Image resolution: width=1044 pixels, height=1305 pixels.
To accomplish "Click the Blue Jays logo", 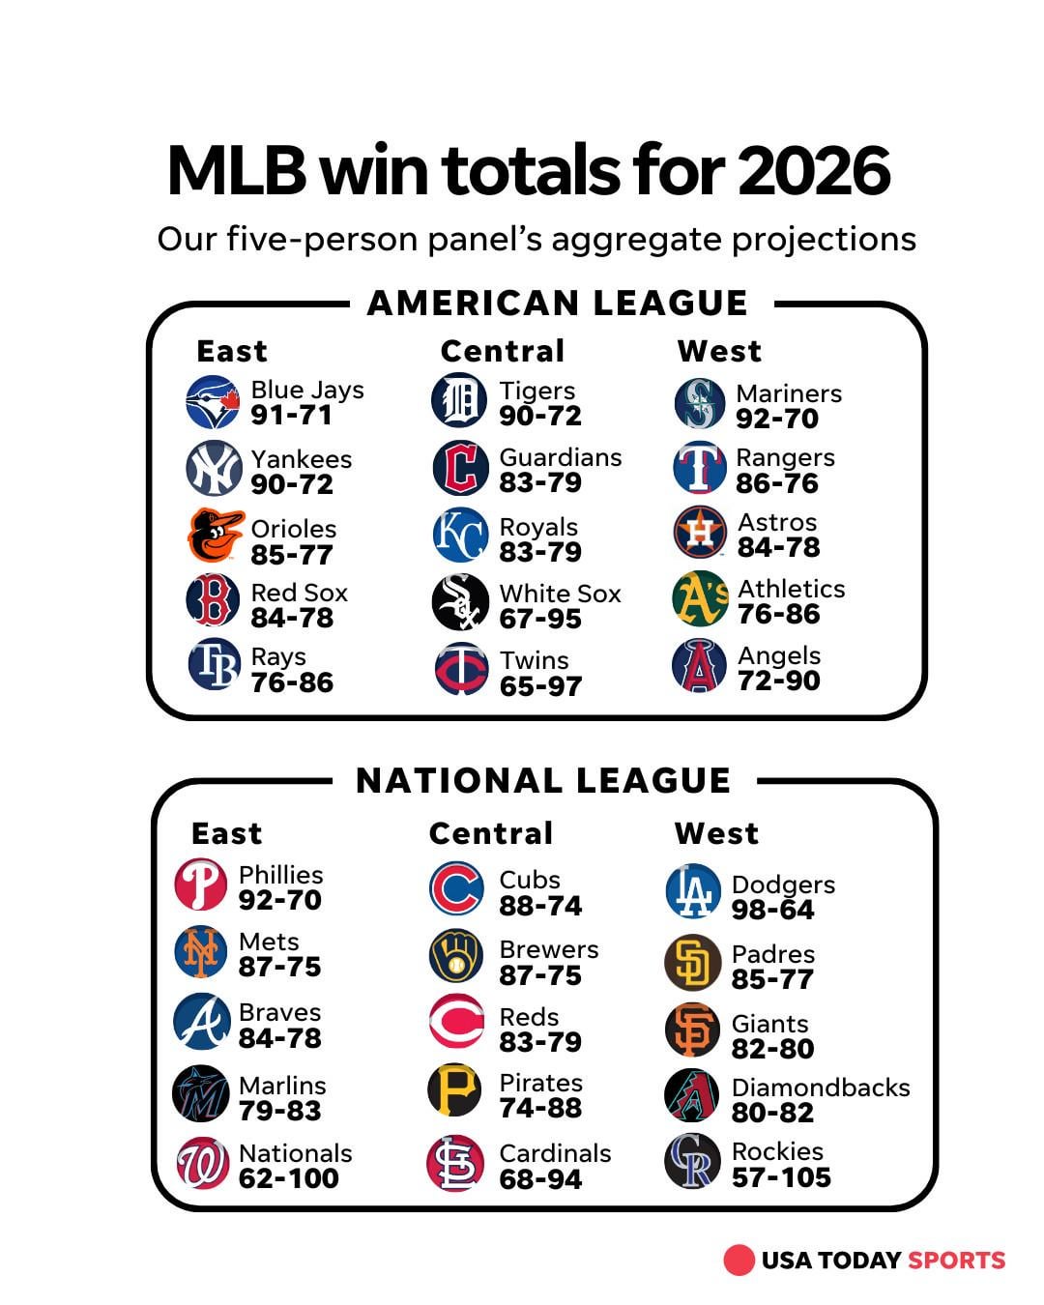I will (x=213, y=402).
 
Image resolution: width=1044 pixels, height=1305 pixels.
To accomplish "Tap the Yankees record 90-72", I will (x=292, y=484).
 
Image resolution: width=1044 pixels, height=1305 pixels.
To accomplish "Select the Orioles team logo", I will (x=215, y=535).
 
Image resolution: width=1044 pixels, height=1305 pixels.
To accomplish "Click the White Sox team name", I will (x=560, y=594).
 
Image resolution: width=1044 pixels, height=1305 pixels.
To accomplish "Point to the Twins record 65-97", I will (x=540, y=686).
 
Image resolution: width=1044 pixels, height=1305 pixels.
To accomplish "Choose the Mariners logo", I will (x=699, y=403).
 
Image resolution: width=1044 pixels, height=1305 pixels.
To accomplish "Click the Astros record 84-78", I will (x=778, y=547).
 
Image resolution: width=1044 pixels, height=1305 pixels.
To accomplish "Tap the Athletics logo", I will (x=699, y=599).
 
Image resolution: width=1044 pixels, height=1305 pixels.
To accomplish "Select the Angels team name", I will (x=779, y=655).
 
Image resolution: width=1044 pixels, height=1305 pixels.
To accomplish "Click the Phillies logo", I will (x=201, y=884).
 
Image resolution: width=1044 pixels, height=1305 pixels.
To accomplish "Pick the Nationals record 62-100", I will (x=288, y=1178).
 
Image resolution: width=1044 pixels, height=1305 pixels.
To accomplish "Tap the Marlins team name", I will (x=282, y=1086).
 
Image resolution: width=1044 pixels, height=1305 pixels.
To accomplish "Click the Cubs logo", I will (x=456, y=888).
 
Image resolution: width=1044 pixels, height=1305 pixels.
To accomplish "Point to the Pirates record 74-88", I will (x=540, y=1108).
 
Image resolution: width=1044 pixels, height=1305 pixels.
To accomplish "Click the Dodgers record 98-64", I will (x=772, y=910).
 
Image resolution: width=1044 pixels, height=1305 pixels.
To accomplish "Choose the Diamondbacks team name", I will (x=821, y=1087).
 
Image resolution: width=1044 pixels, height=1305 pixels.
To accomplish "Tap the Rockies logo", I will (x=692, y=1161).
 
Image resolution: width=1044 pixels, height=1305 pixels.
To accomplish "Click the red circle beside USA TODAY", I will (x=739, y=1260).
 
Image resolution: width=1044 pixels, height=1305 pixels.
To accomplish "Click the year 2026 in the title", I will (x=813, y=171).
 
